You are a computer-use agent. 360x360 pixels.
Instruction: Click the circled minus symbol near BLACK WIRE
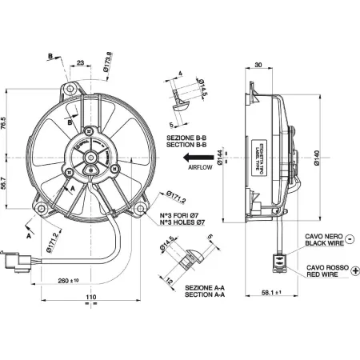354,238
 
